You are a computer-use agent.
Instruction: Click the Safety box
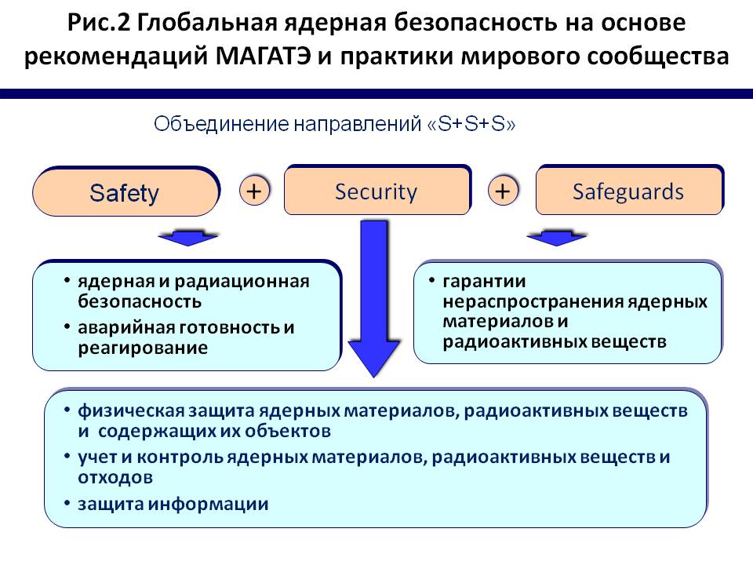[x=125, y=191]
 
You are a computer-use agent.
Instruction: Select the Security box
[x=377, y=190]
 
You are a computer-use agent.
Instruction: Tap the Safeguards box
[x=630, y=190]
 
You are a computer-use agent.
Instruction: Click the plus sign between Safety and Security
[x=254, y=191]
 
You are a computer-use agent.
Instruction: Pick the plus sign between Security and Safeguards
[x=503, y=191]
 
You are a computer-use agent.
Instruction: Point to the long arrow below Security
[x=373, y=298]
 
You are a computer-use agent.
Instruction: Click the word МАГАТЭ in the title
[x=264, y=56]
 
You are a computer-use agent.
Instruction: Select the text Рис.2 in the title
[x=99, y=23]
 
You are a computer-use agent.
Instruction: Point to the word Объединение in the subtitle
[x=221, y=125]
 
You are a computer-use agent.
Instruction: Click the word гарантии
[x=484, y=282]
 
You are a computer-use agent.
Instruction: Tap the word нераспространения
[x=533, y=302]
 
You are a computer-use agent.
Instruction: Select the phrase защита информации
[x=173, y=504]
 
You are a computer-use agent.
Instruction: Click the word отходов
[x=115, y=478]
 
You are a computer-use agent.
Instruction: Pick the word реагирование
[x=143, y=348]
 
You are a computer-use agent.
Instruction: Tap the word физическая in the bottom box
[x=131, y=411]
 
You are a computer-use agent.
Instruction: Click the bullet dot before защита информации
[x=67, y=502]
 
